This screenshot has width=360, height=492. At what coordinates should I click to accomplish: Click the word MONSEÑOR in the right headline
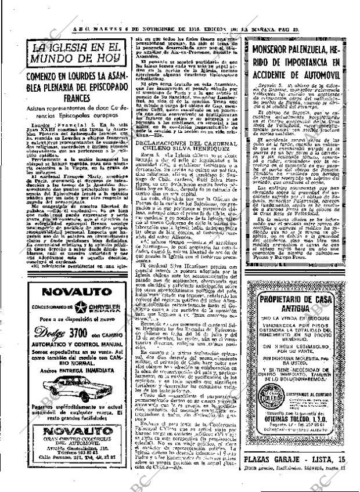coord(276,48)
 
